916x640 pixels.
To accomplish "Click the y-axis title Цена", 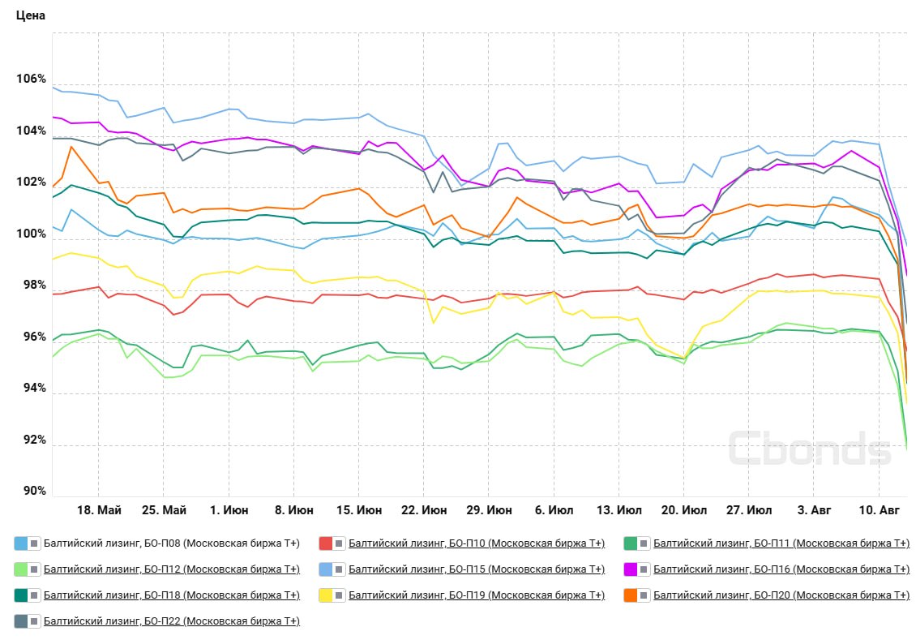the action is [x=30, y=15].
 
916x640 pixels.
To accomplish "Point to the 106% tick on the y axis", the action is [x=31, y=79].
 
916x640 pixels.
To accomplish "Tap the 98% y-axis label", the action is [x=35, y=286].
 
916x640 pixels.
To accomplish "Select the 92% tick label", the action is [x=35, y=440].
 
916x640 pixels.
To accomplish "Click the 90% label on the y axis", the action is [x=35, y=491].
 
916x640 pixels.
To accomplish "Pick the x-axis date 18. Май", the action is [x=100, y=510].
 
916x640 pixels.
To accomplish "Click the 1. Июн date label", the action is [x=229, y=510].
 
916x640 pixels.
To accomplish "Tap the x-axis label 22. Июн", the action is [x=424, y=510].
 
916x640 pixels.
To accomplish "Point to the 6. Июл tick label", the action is [x=554, y=510].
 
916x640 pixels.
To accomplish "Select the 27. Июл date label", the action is [x=749, y=510].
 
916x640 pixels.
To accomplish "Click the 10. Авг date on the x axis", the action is [x=880, y=510].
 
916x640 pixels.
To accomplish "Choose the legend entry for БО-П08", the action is [x=172, y=543].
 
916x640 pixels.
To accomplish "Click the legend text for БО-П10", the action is [x=477, y=543].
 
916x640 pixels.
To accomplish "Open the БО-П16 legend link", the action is [x=781, y=569].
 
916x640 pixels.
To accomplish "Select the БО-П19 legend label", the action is [x=477, y=595].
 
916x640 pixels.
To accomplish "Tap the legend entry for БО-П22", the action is [x=172, y=621].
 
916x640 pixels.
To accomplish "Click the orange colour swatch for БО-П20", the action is [x=631, y=595].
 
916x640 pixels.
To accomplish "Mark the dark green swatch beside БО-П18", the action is [x=21, y=595].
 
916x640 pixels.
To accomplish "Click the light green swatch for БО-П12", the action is [x=21, y=569].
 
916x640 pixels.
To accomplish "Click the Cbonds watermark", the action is [x=810, y=449].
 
